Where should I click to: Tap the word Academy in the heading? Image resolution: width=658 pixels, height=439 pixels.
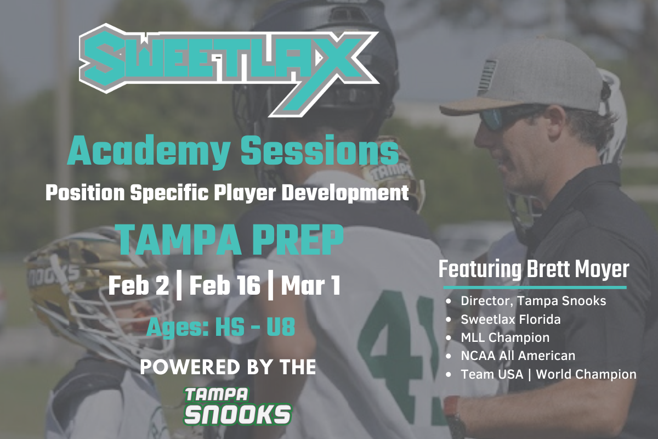point(149,151)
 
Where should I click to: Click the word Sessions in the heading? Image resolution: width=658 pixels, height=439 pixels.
point(320,149)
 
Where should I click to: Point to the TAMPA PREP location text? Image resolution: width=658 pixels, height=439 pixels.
point(231,240)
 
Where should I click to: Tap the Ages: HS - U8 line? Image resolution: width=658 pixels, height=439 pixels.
point(220,327)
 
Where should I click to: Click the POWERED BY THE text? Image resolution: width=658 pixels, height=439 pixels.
point(228,367)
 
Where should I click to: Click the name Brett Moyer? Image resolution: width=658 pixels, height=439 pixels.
point(578,269)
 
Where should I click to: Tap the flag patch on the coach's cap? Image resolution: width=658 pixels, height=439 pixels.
point(487,76)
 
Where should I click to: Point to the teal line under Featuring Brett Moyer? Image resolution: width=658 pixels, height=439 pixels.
point(535,288)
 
